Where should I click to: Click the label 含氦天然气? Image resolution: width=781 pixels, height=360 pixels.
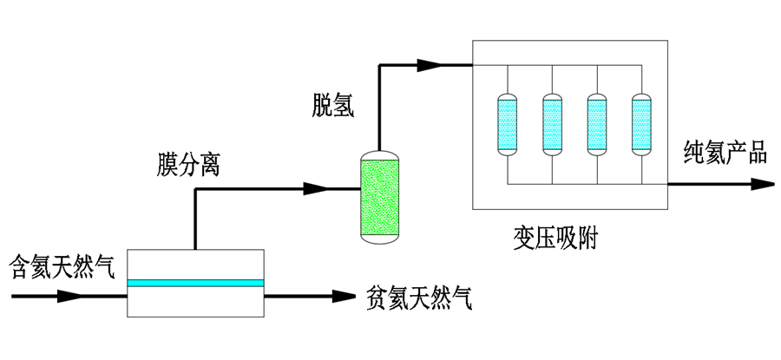point(62,265)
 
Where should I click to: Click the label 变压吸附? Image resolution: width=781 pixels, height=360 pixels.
point(556,237)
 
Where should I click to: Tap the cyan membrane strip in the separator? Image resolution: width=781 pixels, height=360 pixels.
point(195,283)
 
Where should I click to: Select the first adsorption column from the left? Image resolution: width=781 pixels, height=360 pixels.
point(505,125)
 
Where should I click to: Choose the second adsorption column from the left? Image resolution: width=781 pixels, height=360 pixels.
point(550,125)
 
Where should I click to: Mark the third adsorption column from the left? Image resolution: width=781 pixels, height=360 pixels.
point(595,125)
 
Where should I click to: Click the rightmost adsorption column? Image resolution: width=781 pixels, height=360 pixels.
point(640,125)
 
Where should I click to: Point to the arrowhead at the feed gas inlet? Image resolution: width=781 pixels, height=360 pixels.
point(69,297)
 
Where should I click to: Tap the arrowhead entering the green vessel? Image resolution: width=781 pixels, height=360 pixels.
point(315,187)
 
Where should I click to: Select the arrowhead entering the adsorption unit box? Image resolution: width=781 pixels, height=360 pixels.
point(430,64)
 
